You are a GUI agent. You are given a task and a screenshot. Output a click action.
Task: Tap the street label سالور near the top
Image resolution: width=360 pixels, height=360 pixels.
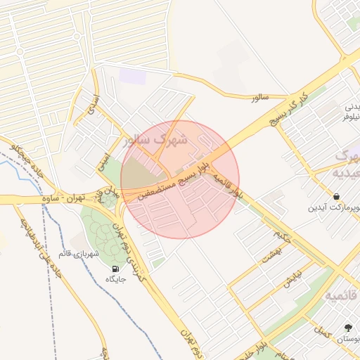click(x=261, y=98)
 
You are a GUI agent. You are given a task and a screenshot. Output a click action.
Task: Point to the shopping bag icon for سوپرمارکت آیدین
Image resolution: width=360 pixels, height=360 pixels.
click(x=337, y=197)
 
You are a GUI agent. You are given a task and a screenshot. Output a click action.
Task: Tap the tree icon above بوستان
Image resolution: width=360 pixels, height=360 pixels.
click(x=348, y=328)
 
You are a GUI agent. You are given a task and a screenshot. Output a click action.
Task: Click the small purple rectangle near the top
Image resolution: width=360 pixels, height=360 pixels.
click(x=132, y=76)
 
